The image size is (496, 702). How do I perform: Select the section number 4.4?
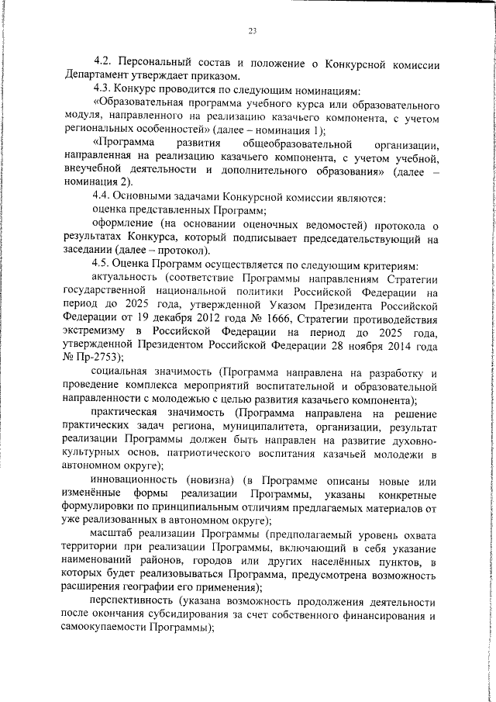(x=103, y=198)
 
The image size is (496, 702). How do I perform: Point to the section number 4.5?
(x=103, y=264)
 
